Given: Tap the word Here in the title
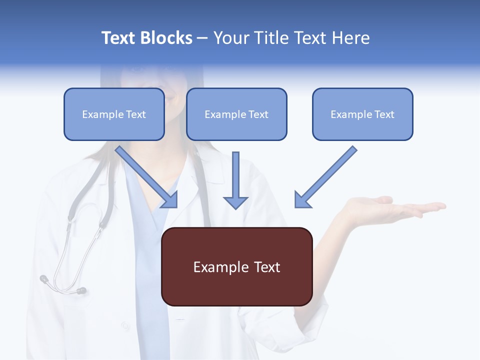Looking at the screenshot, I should pyautogui.click(x=350, y=38).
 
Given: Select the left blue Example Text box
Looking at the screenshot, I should pyautogui.click(x=114, y=114).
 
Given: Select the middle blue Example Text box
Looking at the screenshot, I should pyautogui.click(x=236, y=114).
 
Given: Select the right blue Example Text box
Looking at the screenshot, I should pyautogui.click(x=362, y=114).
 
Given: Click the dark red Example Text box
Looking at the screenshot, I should pyautogui.click(x=236, y=266).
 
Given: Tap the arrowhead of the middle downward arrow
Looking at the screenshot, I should pyautogui.click(x=235, y=202).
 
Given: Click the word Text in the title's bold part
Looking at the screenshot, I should pyautogui.click(x=118, y=38).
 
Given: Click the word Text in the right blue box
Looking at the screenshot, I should pyautogui.click(x=383, y=114).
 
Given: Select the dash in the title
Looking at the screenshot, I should pyautogui.click(x=202, y=38).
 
